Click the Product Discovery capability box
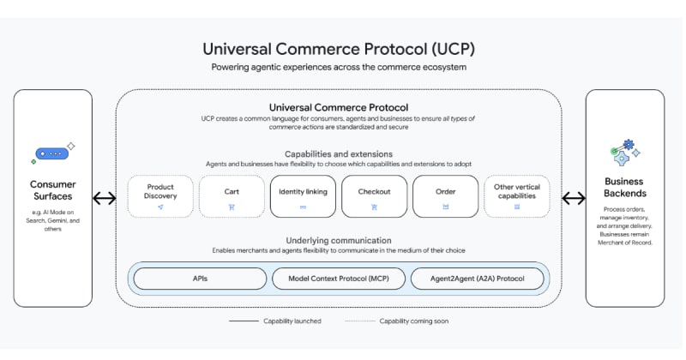tap(160, 196)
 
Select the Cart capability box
tap(232, 196)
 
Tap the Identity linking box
tap(303, 196)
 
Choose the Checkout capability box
tap(374, 196)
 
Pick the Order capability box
tap(445, 196)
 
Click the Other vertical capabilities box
tap(516, 196)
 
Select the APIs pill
tap(199, 279)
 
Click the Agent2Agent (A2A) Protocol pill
tap(477, 279)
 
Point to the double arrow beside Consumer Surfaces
tap(104, 199)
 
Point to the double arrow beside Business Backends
tap(573, 199)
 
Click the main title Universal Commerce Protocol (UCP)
tap(338, 49)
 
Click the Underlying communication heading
tap(338, 240)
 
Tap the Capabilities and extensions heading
tap(338, 153)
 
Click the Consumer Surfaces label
tap(53, 190)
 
